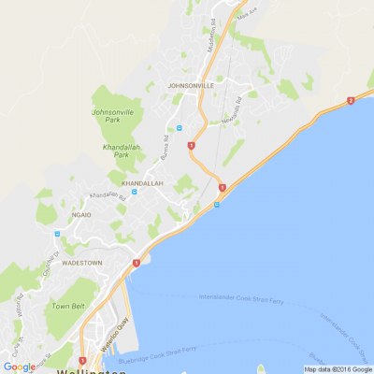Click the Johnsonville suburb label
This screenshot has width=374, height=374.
(x=191, y=85)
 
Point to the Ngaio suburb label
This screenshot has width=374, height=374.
(x=79, y=214)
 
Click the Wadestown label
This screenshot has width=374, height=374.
(x=81, y=264)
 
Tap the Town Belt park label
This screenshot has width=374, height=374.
(x=68, y=306)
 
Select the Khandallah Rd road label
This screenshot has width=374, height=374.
(x=107, y=196)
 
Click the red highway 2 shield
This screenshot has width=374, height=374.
(x=350, y=100)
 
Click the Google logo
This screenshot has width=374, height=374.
(x=19, y=367)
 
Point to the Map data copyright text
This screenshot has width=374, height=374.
(x=337, y=369)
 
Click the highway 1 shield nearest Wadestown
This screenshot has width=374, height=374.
(x=136, y=264)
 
